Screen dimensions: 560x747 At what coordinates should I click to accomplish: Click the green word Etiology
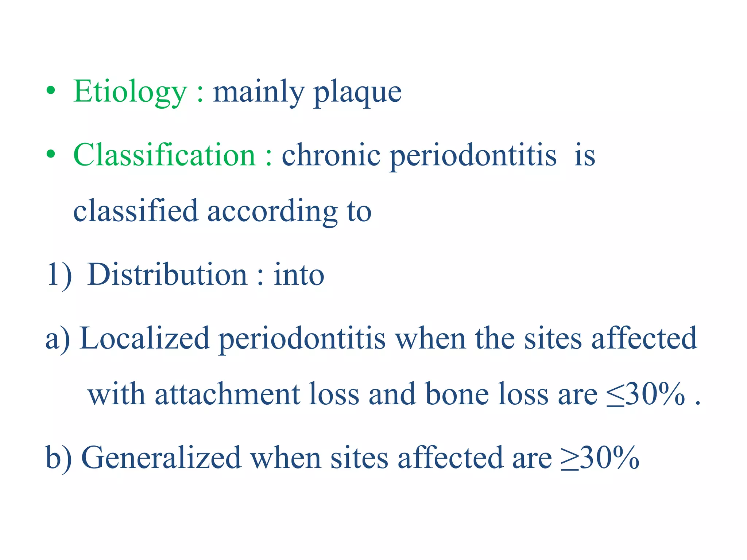[x=130, y=92]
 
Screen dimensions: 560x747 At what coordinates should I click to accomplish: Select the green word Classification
[x=165, y=155]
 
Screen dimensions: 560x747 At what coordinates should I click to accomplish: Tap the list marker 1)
[x=59, y=275]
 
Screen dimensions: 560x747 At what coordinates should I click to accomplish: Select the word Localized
[x=144, y=338]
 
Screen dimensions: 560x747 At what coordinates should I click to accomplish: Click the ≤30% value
[x=646, y=394]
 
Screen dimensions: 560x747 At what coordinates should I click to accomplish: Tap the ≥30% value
[x=600, y=457]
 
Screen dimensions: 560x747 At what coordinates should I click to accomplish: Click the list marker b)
[x=58, y=458]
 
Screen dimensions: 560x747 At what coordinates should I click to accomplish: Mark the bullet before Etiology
[x=51, y=91]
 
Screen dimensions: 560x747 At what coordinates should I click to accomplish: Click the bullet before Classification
[x=51, y=154]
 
